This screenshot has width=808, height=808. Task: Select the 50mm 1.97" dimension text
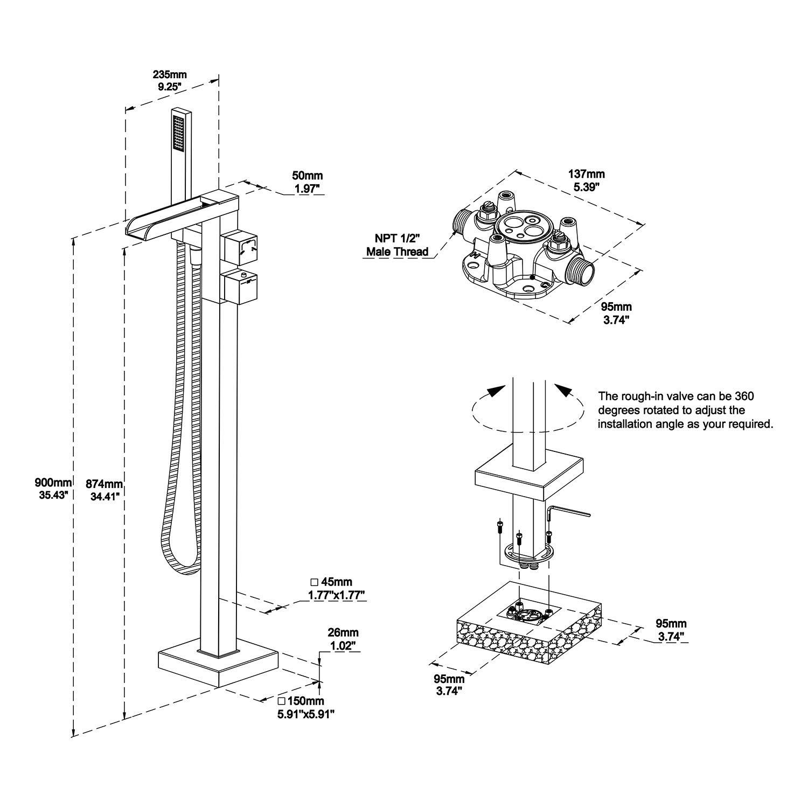307,182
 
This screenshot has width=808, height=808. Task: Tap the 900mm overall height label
53,489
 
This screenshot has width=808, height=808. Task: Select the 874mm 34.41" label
105,489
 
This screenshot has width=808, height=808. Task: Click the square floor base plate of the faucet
218,668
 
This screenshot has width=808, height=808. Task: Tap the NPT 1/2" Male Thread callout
397,244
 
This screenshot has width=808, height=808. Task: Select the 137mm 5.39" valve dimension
587,180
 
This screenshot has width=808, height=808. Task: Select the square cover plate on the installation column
528,477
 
